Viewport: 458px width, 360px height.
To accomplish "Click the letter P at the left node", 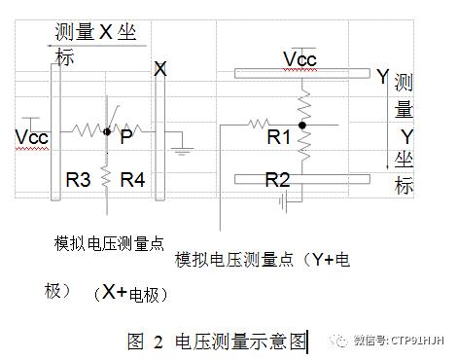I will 126,138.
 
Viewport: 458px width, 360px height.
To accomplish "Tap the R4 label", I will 132,179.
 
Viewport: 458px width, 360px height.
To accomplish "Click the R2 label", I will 278,179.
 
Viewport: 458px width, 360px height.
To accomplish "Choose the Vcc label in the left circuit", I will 32,137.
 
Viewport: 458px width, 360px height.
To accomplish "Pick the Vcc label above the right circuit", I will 299,59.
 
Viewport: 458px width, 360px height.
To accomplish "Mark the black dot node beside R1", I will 303,125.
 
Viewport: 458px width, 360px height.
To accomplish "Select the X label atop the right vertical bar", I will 160,69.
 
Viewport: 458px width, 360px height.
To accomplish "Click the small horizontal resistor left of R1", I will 258,124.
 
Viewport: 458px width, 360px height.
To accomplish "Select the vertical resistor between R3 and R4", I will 107,177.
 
